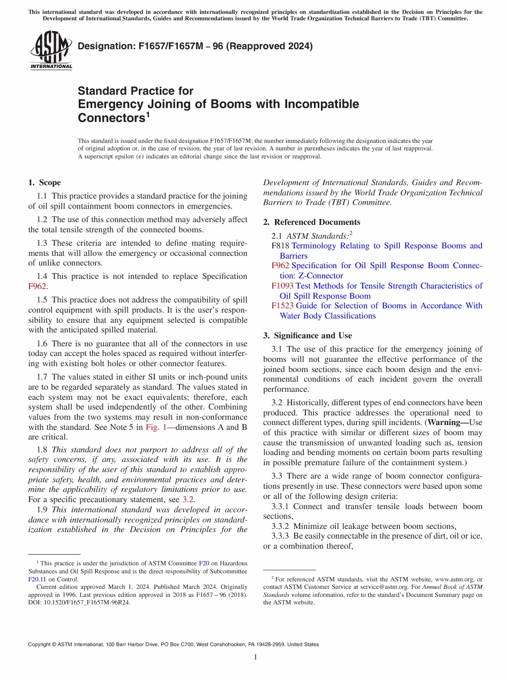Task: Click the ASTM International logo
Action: point(51,50)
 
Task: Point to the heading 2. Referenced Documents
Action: point(312,222)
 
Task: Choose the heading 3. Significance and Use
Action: point(308,336)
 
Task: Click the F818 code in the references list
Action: point(280,246)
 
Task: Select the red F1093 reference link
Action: point(282,286)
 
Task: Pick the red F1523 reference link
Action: point(282,306)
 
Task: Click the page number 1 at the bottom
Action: point(255,657)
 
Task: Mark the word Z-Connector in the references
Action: point(311,276)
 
